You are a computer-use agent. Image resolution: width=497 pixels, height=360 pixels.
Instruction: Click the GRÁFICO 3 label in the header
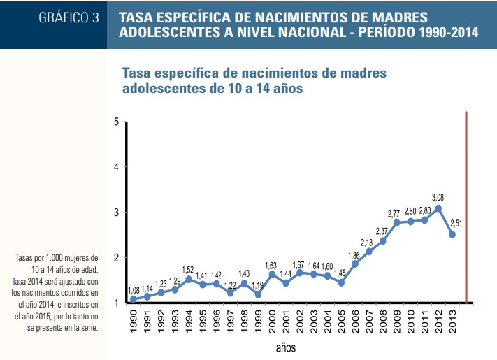69,18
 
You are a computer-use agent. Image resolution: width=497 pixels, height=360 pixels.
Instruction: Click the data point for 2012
438,208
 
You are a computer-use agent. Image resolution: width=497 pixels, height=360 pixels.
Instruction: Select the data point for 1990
133,299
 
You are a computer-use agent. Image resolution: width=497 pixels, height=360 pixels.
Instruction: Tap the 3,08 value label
438,197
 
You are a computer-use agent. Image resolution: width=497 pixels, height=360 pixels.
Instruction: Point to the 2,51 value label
456,223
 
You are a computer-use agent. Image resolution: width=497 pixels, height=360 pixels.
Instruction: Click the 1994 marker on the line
189,279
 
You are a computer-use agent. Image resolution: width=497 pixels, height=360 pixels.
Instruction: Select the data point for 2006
355,264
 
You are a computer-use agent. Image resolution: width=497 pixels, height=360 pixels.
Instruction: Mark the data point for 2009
396,222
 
